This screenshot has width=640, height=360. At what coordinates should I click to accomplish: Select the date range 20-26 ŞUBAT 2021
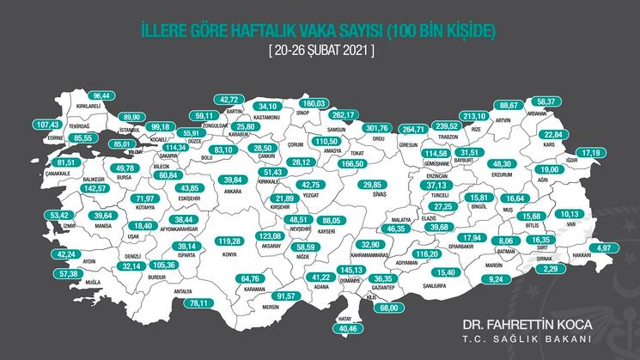pyautogui.click(x=320, y=51)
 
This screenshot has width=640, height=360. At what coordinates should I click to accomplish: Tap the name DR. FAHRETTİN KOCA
pyautogui.click(x=528, y=326)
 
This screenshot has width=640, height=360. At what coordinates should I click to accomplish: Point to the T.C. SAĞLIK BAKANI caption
pyautogui.click(x=528, y=341)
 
